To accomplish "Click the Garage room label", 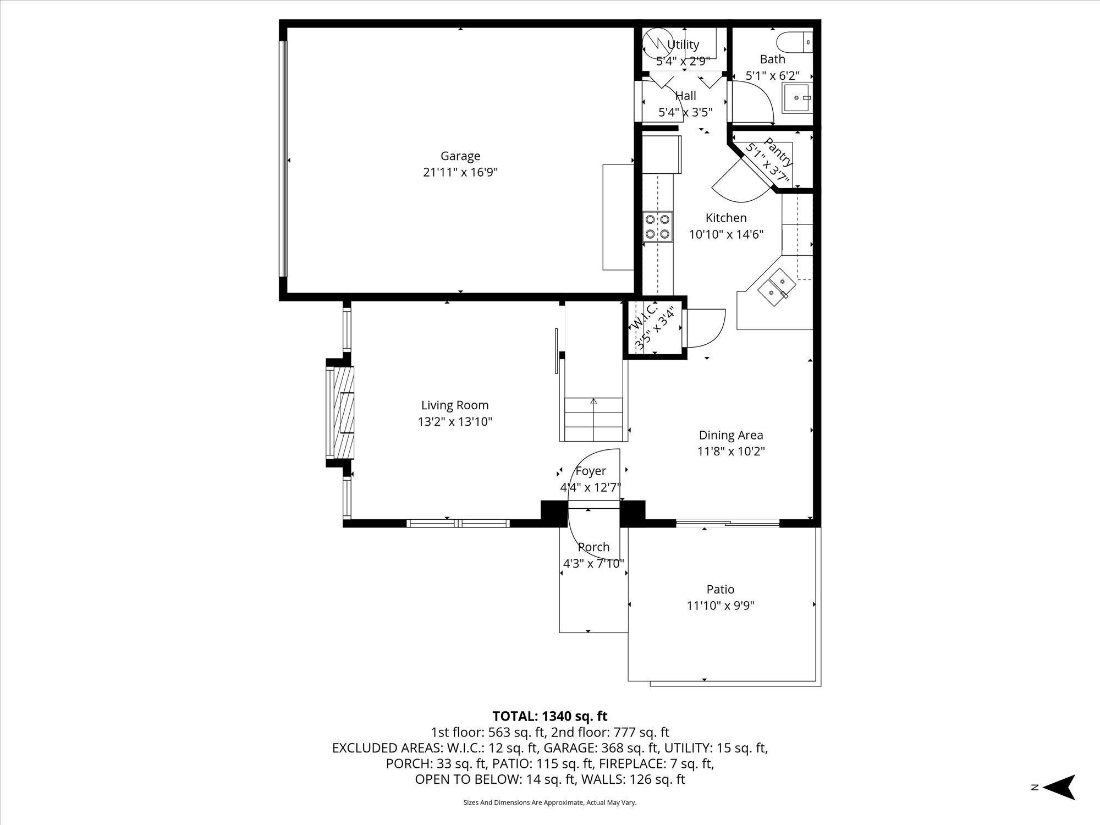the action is pos(460,156).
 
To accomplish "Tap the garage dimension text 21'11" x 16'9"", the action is pos(460,173).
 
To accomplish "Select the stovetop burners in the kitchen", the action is pos(658,227).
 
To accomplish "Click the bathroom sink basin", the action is pos(797,98).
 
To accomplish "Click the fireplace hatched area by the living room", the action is pos(345,413).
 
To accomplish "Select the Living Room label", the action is pos(455,405).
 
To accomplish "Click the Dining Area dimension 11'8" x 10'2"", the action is pos(732,452).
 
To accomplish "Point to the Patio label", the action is pos(721,590).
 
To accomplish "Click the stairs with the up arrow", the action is pos(593,419).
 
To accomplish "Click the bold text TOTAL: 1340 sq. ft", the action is pos(550,716).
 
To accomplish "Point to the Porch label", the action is pos(594,547).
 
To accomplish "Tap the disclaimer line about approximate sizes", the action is pos(550,803).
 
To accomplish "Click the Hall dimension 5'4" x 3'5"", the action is pos(686,113).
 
